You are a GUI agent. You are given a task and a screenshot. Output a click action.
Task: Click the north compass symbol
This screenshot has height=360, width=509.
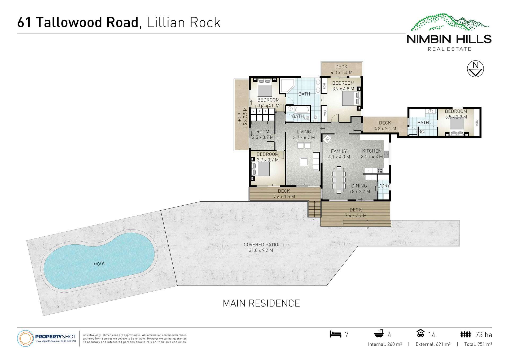475,69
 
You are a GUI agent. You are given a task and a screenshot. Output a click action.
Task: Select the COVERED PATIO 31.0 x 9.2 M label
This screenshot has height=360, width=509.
261,248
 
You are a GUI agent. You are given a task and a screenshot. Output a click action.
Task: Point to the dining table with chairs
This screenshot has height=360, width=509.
339,179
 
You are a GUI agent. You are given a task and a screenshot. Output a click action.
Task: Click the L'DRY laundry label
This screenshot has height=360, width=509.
383,186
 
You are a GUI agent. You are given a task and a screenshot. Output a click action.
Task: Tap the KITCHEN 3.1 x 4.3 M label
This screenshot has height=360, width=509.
372,154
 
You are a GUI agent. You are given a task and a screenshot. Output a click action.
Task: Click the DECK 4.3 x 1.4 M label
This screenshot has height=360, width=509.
341,70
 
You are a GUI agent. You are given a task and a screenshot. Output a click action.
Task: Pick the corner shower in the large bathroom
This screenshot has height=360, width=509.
287,85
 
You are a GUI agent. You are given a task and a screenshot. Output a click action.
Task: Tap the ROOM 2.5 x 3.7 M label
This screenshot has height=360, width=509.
263,134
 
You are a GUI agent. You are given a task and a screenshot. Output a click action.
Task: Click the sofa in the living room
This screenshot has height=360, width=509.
316,161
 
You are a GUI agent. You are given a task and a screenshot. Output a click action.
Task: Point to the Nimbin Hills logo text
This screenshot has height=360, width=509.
449,40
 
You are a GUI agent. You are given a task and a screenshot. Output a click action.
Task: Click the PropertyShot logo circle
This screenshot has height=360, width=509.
25,339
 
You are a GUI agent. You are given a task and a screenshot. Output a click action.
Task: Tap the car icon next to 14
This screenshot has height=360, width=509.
420,334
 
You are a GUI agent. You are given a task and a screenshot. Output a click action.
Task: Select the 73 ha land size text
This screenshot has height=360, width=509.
484,335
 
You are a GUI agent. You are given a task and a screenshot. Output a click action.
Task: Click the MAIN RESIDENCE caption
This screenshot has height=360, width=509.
261,303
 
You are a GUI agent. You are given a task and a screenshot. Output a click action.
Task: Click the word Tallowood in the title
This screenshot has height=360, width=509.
87,22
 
